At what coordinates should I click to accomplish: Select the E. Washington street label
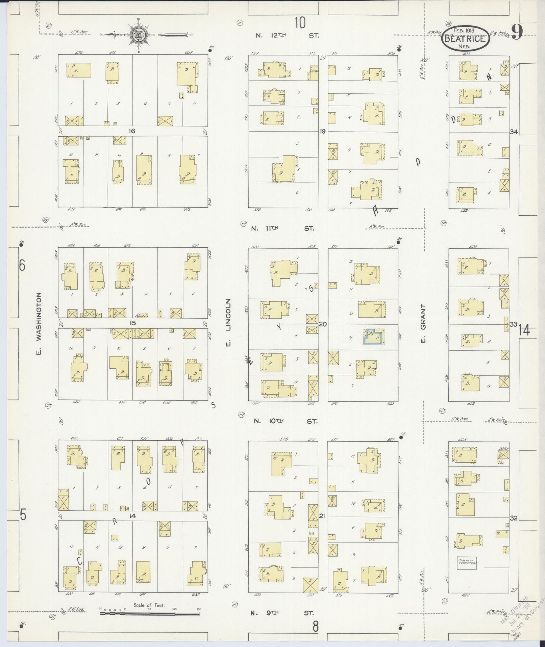[x=39, y=324]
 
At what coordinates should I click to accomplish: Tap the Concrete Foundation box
[x=467, y=563]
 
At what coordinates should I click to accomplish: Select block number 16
[x=132, y=131]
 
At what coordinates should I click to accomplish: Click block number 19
[x=323, y=131]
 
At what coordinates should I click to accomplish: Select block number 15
[x=132, y=323]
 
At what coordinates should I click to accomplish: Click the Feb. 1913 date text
[x=465, y=30]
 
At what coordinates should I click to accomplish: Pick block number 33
[x=513, y=324]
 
